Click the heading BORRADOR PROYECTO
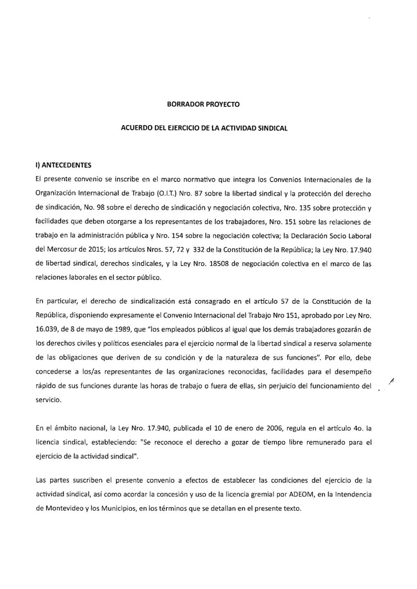(x=203, y=104)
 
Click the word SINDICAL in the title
(x=272, y=128)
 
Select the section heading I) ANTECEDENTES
(x=63, y=165)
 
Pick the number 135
(x=304, y=208)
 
